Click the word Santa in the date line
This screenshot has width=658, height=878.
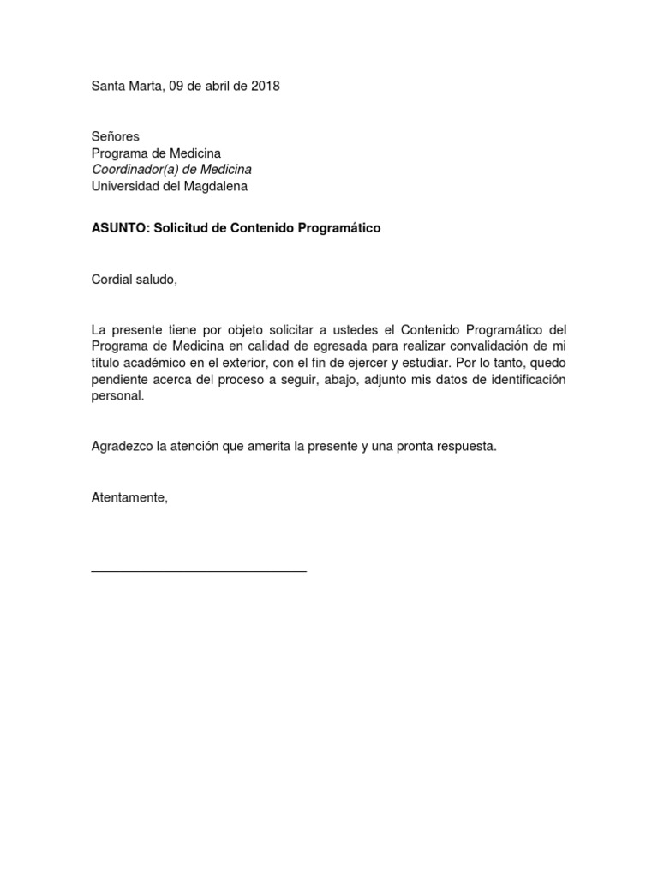[x=108, y=86]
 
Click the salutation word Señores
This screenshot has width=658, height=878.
[x=115, y=136]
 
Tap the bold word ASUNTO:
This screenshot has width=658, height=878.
[x=121, y=229]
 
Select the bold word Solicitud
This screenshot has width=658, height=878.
[x=181, y=229]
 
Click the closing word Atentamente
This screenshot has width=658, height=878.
[x=129, y=497]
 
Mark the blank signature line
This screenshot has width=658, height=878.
[x=199, y=571]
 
